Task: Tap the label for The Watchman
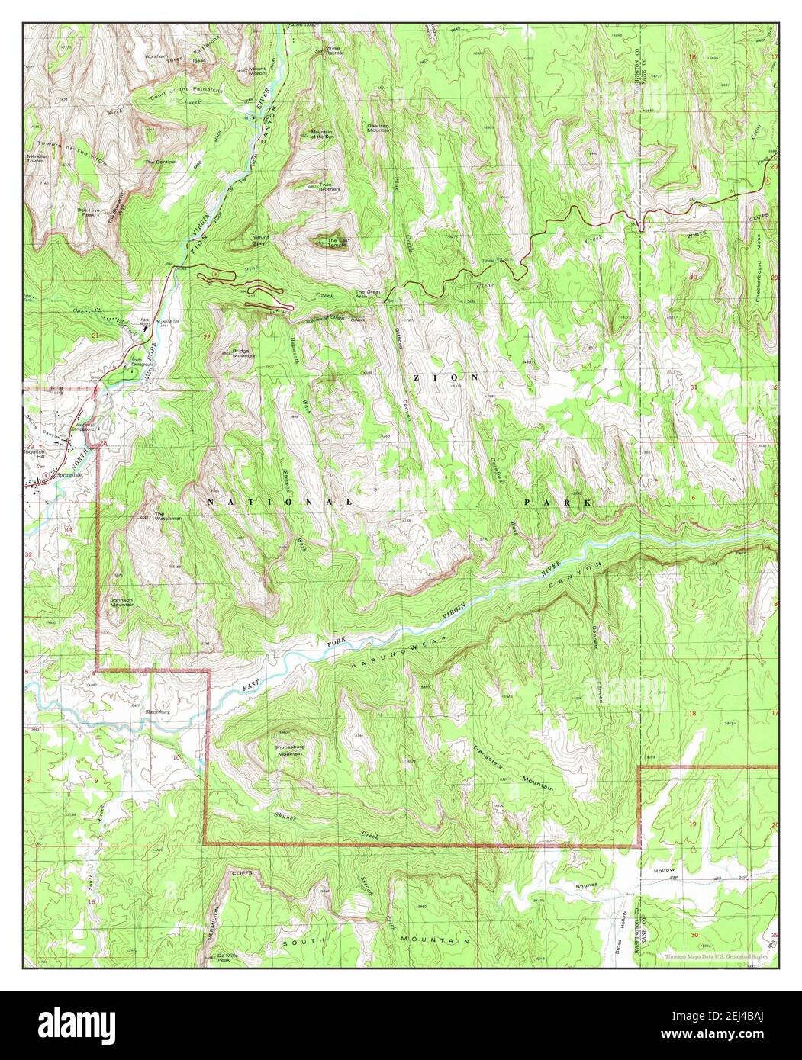point(169,516)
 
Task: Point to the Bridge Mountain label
point(244,353)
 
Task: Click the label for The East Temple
point(337,243)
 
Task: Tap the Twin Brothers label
point(329,187)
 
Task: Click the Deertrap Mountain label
point(379,128)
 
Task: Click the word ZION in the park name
point(446,377)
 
